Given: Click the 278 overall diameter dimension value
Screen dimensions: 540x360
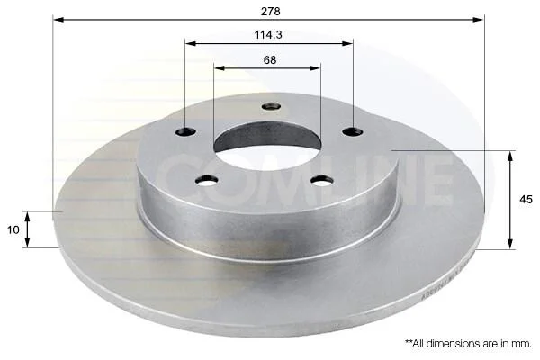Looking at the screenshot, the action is [270, 12].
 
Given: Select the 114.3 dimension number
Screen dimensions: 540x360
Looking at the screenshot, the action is [268, 35].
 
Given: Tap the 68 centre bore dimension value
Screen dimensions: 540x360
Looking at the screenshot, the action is [270, 60].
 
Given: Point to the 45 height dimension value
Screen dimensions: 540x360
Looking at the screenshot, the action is [526, 200].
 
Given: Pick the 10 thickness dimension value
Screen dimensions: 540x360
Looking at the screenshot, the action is [13, 229].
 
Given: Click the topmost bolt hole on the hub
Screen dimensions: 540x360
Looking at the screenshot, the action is [271, 106].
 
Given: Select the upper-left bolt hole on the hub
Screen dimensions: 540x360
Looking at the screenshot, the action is [185, 131].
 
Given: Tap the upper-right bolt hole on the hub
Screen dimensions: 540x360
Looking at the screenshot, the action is [353, 131].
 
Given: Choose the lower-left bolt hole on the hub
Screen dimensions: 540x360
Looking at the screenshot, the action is [207, 180].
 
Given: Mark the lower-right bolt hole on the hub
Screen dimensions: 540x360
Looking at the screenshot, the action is [322, 180].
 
